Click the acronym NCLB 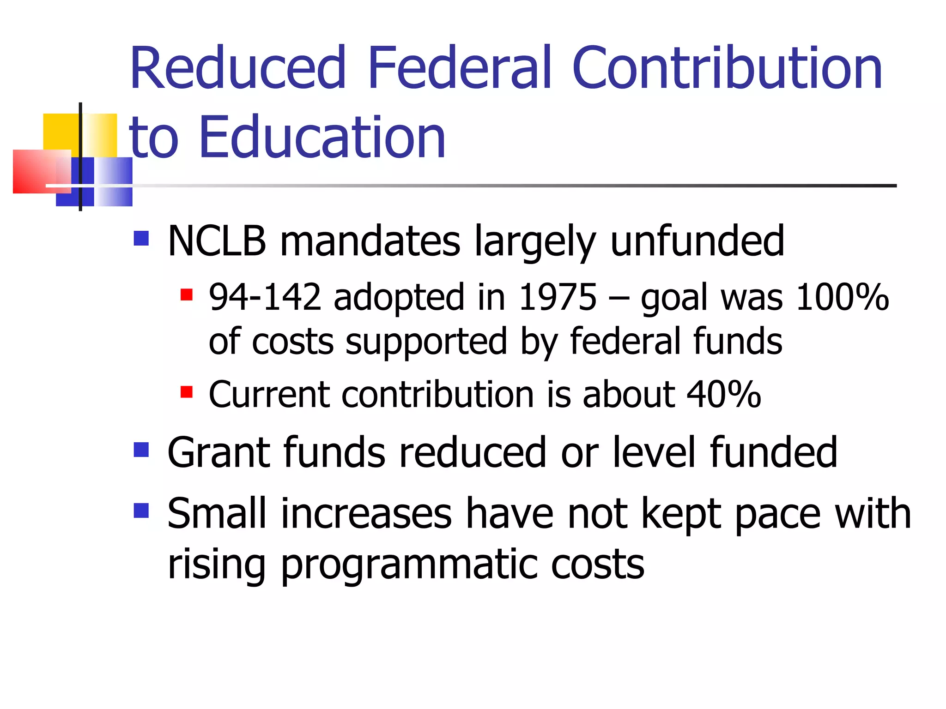click(x=217, y=241)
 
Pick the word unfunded click(x=697, y=241)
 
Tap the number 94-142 click(x=265, y=297)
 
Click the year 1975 click(x=558, y=297)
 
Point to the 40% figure click(x=724, y=395)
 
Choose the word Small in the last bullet click(x=217, y=513)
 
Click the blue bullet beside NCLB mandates click(x=141, y=238)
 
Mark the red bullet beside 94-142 click(x=186, y=294)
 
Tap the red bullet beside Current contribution click(x=186, y=392)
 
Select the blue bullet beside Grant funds click(x=141, y=450)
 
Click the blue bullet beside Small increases click(x=141, y=511)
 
